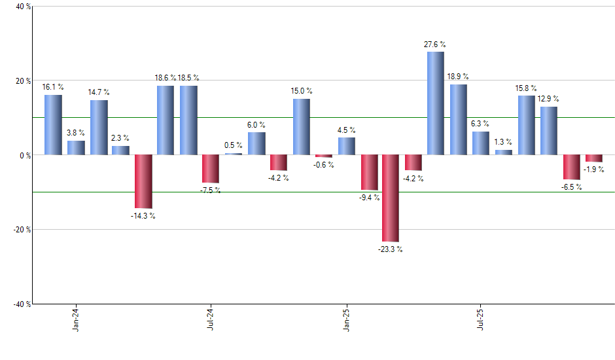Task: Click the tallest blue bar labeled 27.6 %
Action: [435, 103]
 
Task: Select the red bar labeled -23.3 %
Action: [391, 198]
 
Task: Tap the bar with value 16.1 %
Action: [53, 125]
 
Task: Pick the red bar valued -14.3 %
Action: [143, 181]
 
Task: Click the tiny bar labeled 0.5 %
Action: [234, 154]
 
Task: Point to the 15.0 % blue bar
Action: [301, 127]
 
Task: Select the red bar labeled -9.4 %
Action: [369, 172]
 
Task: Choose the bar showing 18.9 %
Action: [458, 120]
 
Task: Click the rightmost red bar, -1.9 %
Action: [593, 158]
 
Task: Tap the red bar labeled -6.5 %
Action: [571, 167]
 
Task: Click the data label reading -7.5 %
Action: [210, 190]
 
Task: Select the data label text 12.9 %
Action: [548, 99]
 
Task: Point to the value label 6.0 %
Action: [256, 124]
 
